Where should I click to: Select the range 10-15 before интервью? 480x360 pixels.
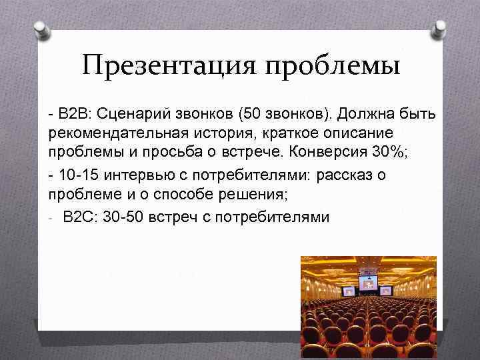point(76,177)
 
